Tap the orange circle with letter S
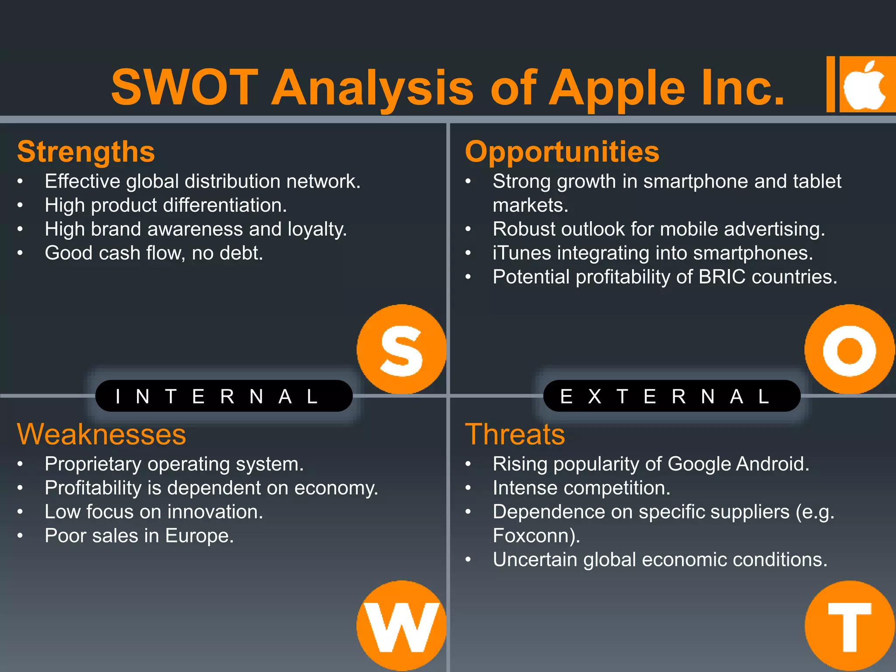[x=401, y=350]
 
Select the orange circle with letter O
[x=849, y=350]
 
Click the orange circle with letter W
[x=401, y=626]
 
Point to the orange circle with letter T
[x=849, y=626]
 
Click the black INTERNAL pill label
[x=224, y=396]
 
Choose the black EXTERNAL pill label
[x=672, y=396]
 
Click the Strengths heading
[x=86, y=152]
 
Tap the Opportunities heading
[x=562, y=152]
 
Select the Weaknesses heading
[x=101, y=434]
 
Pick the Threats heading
[x=515, y=434]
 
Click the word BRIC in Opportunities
[x=722, y=277]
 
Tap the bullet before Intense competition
[x=468, y=488]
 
